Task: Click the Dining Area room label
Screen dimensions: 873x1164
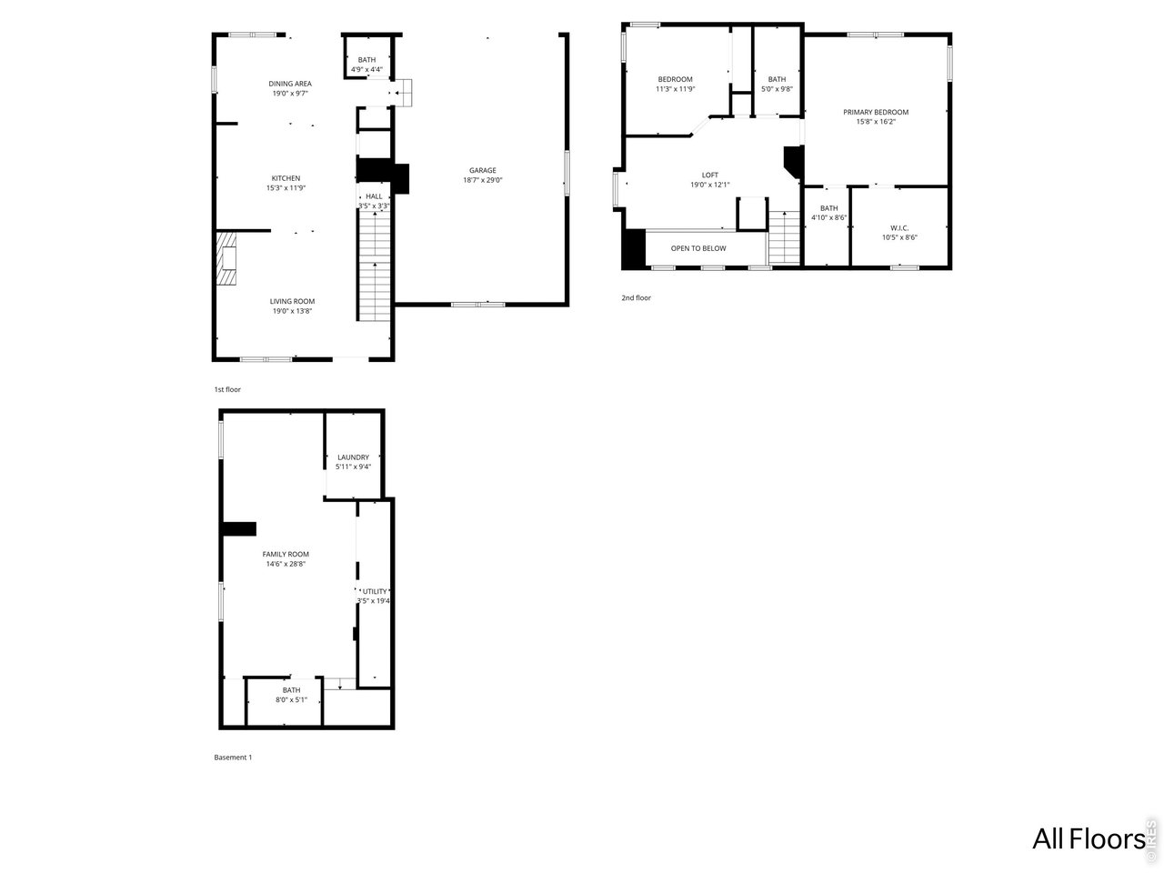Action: [x=290, y=84]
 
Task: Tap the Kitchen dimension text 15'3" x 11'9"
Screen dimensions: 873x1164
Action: [x=286, y=188]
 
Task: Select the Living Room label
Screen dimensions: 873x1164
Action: [x=292, y=301]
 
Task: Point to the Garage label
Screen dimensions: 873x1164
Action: [x=482, y=170]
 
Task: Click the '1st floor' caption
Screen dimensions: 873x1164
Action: [x=227, y=389]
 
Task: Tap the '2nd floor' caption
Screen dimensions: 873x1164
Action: [x=636, y=298]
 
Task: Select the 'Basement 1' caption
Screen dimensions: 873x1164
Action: [x=233, y=758]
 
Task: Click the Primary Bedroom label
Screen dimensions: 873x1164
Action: [x=876, y=112]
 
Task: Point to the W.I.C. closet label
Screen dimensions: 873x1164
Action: [x=899, y=227]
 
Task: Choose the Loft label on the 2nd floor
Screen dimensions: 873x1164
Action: [x=709, y=175]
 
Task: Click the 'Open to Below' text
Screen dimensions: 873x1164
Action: [x=698, y=248]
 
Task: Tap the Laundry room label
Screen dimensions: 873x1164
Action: [x=353, y=457]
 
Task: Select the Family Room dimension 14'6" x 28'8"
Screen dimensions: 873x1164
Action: [x=286, y=564]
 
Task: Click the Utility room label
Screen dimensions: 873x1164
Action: [x=375, y=591]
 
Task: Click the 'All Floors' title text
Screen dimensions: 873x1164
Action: [x=1088, y=838]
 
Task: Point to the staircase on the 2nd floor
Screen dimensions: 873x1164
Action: [x=783, y=237]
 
